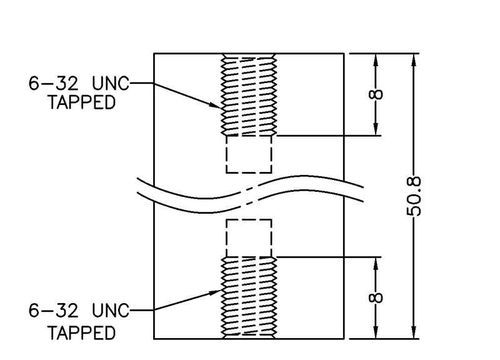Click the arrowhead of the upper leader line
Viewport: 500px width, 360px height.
pyautogui.click(x=218, y=107)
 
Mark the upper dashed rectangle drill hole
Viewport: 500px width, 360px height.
pyautogui.click(x=249, y=154)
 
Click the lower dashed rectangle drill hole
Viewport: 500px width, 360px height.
pyautogui.click(x=249, y=238)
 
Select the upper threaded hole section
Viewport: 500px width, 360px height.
pyautogui.click(x=249, y=94)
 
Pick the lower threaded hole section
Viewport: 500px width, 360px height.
pyautogui.click(x=249, y=297)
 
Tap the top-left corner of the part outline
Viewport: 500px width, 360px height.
pyautogui.click(x=154, y=54)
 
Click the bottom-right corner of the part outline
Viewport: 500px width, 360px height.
pyautogui.click(x=344, y=339)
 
